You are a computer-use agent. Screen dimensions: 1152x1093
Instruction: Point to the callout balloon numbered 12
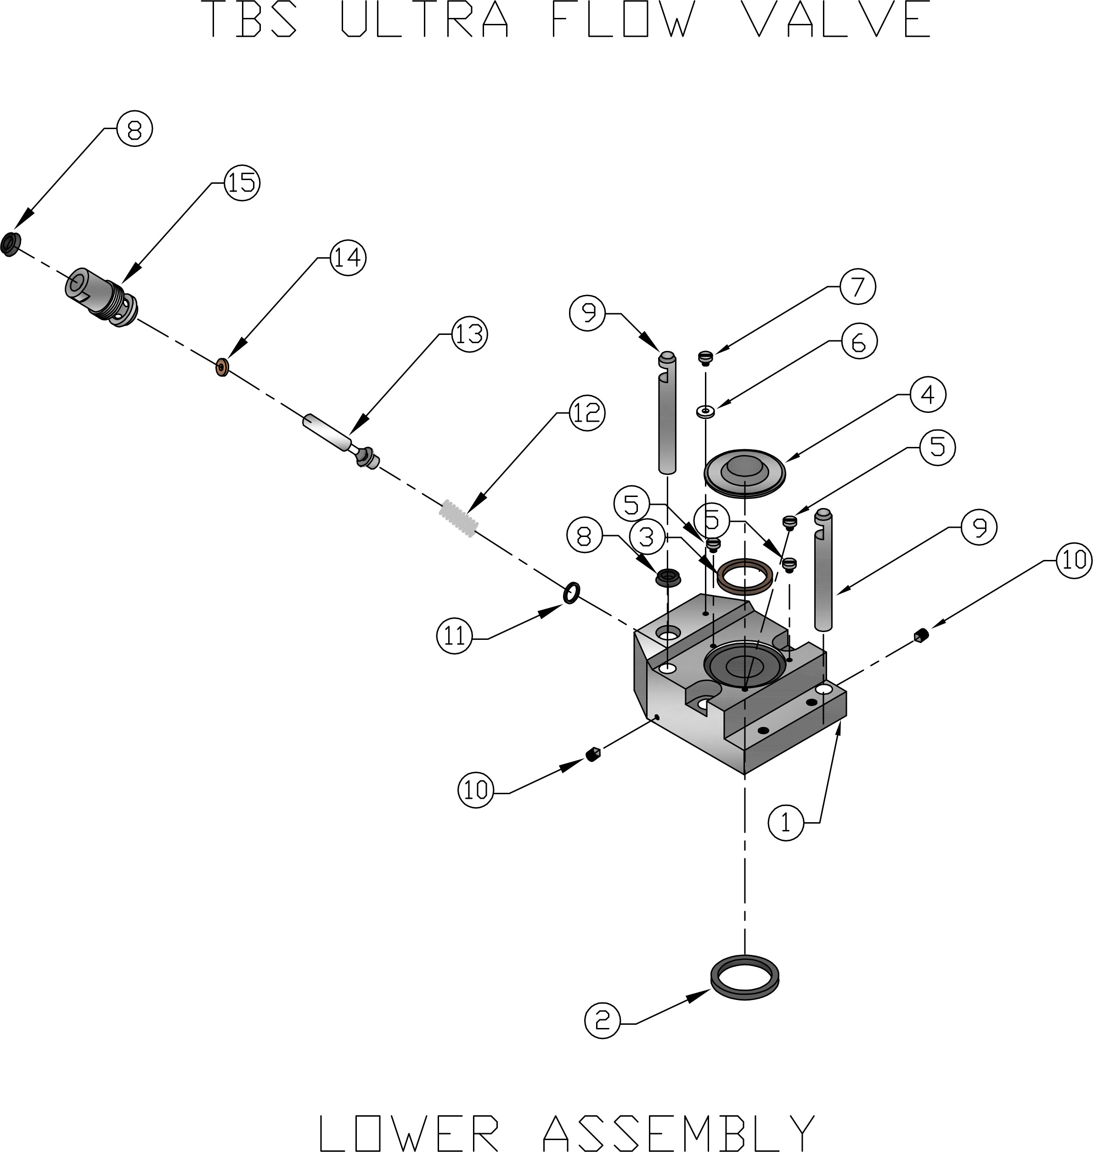pos(587,412)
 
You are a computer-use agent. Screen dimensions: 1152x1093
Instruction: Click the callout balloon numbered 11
pos(455,636)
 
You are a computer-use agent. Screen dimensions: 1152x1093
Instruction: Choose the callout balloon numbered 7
pos(857,286)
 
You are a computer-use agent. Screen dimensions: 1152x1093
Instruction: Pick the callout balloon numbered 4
pos(928,394)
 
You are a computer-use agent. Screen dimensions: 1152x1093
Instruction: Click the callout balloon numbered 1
pos(786,822)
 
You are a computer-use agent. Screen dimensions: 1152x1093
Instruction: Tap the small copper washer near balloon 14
pos(222,367)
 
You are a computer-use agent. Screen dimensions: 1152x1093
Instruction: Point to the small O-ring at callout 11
pos(572,593)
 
